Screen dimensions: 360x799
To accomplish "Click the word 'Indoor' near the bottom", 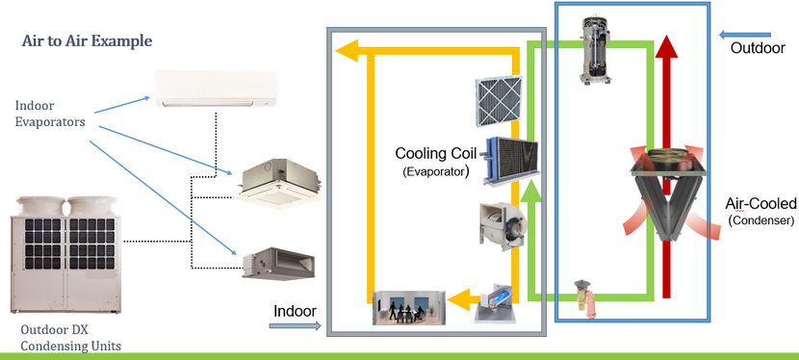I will (x=295, y=311).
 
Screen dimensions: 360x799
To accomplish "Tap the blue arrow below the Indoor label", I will (x=295, y=328).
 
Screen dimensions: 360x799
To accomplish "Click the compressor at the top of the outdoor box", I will (x=598, y=48).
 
